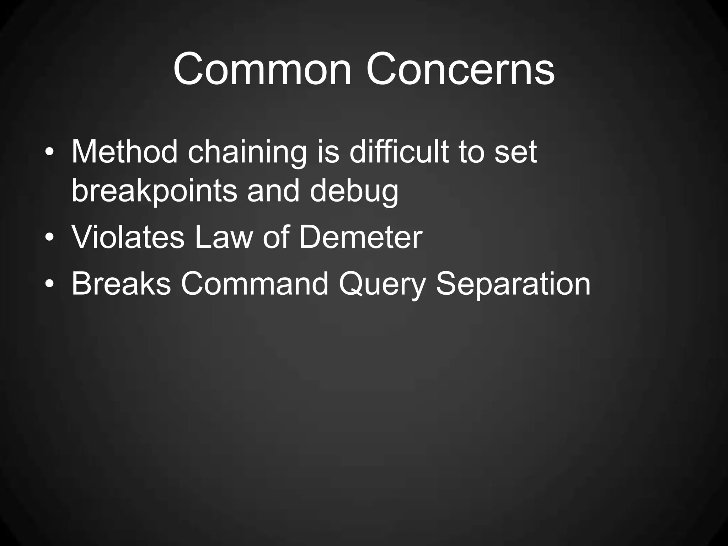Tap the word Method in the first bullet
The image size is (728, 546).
[x=124, y=152]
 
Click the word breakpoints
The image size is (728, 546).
[x=154, y=192]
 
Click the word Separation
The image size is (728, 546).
[x=513, y=284]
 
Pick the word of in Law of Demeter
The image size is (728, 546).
[x=275, y=237]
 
